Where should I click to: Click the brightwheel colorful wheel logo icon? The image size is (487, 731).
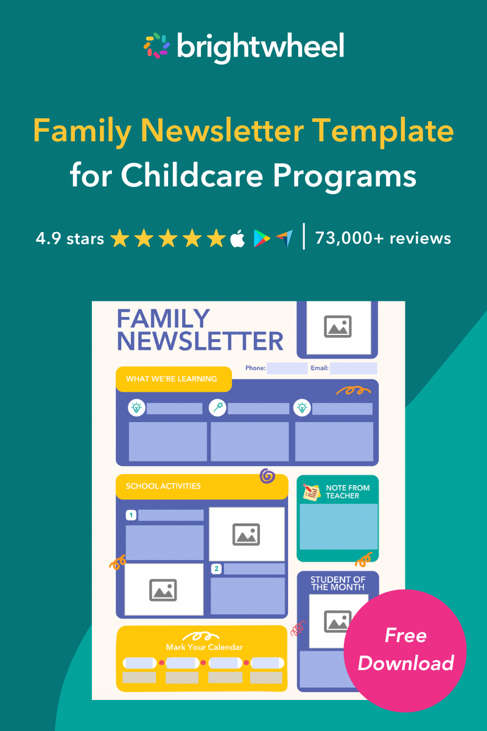pyautogui.click(x=156, y=46)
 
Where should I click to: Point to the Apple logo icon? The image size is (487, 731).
pyautogui.click(x=238, y=239)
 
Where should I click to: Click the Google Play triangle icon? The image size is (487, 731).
pyautogui.click(x=262, y=239)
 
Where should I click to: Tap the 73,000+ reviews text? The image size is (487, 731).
pyautogui.click(x=383, y=238)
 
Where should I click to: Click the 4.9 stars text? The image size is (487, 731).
pyautogui.click(x=70, y=238)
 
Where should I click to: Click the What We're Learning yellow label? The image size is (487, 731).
pyautogui.click(x=173, y=379)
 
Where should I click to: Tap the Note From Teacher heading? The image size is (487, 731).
pyautogui.click(x=348, y=492)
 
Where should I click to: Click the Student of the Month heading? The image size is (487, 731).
pyautogui.click(x=338, y=584)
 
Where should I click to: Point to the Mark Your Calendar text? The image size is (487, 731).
pyautogui.click(x=204, y=647)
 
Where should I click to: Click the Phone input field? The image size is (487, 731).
pyautogui.click(x=287, y=369)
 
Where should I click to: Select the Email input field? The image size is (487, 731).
pyautogui.click(x=353, y=369)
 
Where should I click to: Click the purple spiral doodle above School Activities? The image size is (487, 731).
pyautogui.click(x=267, y=476)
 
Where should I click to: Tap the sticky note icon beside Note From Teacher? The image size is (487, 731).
pyautogui.click(x=312, y=492)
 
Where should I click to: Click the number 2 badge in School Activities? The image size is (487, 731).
pyautogui.click(x=215, y=569)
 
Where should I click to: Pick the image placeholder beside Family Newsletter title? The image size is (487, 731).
pyautogui.click(x=337, y=327)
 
